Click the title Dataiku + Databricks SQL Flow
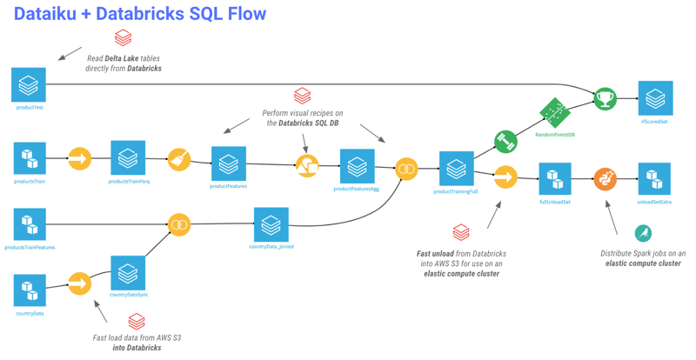click(140, 15)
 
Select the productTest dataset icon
click(29, 85)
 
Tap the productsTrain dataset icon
click(29, 158)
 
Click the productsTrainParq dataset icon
click(128, 158)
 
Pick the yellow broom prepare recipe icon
click(179, 159)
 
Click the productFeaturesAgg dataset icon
click(357, 166)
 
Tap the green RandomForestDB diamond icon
click(554, 113)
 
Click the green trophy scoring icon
click(605, 98)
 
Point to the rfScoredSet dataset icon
click(654, 99)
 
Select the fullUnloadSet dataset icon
click(555, 179)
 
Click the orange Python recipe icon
click(605, 179)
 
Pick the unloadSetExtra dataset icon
click(654, 179)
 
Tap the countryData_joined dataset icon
click(271, 224)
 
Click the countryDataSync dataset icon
click(128, 273)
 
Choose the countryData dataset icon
click(29, 290)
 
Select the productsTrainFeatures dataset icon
click(29, 224)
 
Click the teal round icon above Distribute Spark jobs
click(643, 233)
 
